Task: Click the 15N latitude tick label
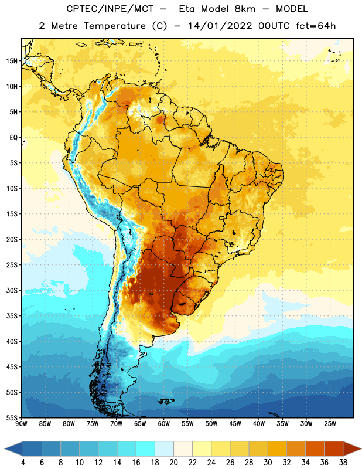point(12,61)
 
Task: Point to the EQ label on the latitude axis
point(13,138)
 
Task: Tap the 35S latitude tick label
point(12,316)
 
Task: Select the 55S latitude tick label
point(12,417)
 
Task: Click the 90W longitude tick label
point(21,424)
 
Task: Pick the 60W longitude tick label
point(164,424)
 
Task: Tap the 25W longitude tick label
point(330,424)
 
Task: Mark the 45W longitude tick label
point(235,424)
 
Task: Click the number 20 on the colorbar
point(173,463)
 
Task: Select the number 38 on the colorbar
point(343,463)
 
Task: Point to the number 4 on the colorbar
point(23,463)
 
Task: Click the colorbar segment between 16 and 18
point(146,448)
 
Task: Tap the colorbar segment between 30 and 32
point(278,448)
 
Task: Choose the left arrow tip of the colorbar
point(5,448)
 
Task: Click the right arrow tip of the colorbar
point(361,448)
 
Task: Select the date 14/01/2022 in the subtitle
point(220,26)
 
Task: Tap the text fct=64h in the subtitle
point(316,26)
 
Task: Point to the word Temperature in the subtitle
point(114,26)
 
